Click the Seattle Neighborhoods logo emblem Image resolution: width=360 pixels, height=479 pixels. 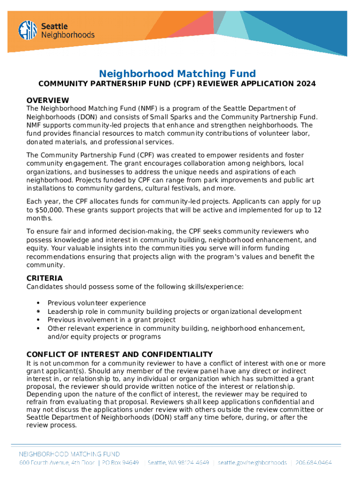[28, 30]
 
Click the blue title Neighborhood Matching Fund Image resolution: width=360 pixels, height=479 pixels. [177, 73]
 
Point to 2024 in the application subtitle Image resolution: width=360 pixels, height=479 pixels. [306, 84]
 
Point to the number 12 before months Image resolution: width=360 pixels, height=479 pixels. [317, 210]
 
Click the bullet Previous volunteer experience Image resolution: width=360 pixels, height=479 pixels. [97, 303]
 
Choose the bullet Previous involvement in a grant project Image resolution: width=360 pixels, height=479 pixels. [112, 320]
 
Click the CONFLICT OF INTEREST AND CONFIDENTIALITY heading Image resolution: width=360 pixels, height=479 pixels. [120, 355]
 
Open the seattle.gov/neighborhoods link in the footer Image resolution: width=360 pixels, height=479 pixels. [252, 463]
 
